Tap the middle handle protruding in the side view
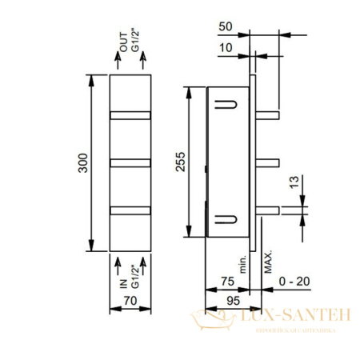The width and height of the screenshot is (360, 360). click(x=270, y=163)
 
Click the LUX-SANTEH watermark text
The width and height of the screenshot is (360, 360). click(x=295, y=318)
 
